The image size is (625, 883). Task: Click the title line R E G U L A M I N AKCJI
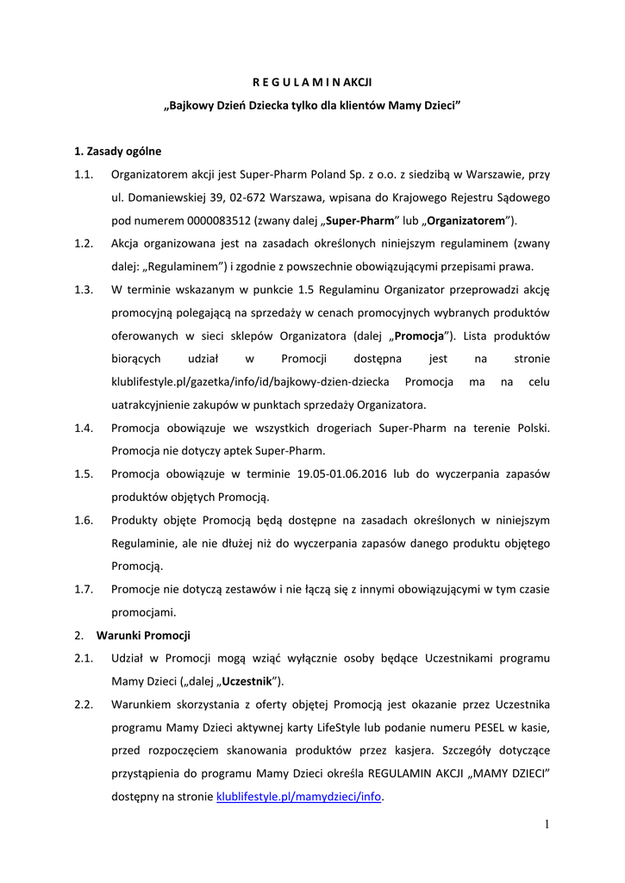coord(312,83)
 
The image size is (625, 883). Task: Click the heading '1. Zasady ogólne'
coord(118,152)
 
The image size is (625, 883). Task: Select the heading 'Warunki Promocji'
coord(143,636)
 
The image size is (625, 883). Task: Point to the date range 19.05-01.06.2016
coord(361,474)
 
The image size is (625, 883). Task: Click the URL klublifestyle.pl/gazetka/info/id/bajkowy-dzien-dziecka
coord(250,382)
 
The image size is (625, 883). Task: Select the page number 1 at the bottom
coord(547,825)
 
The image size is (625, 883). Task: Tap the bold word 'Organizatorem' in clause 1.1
coord(467,220)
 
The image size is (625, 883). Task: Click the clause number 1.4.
coord(84,429)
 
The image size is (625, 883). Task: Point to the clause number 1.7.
coord(84,590)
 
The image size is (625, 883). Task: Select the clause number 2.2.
coord(84,705)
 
